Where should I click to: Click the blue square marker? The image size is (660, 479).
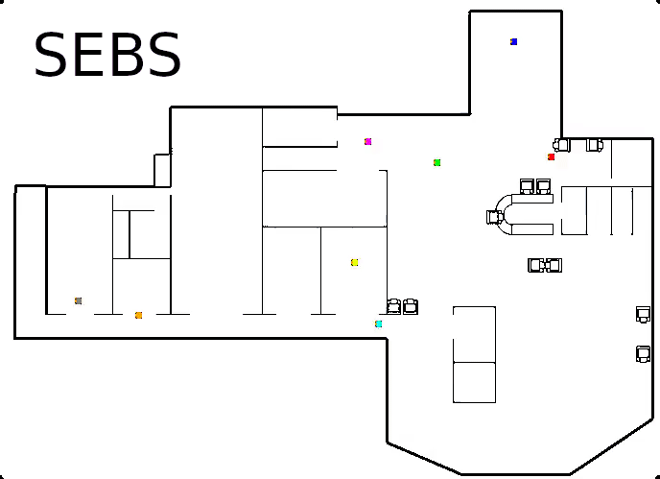tap(514, 42)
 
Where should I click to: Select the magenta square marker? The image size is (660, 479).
tap(367, 142)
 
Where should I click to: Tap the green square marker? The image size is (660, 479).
tap(436, 163)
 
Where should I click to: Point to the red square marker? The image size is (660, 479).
tap(551, 157)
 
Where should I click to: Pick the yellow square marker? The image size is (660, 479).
tap(354, 262)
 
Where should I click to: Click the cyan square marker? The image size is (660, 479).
tap(379, 324)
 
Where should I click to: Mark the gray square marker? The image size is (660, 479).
tap(78, 301)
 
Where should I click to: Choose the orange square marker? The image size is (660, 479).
tap(138, 315)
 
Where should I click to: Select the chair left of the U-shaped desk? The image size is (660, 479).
tap(495, 217)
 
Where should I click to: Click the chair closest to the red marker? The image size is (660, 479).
tap(562, 145)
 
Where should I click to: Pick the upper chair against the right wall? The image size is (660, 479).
tap(643, 314)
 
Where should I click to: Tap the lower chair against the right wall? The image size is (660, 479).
tap(643, 354)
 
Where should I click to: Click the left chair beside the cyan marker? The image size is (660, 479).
tap(394, 306)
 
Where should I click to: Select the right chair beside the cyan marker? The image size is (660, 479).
tap(411, 306)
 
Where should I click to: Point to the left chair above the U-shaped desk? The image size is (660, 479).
tap(527, 185)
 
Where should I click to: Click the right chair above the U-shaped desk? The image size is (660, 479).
tap(543, 185)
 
